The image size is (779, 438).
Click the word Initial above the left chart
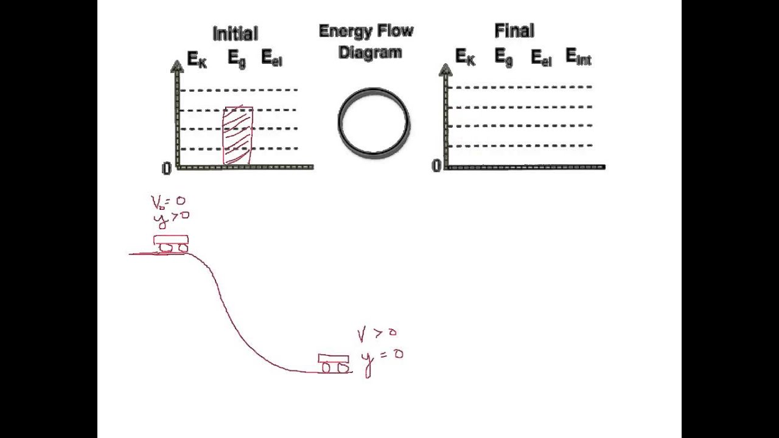pyautogui.click(x=235, y=33)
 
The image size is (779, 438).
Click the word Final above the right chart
pyautogui.click(x=514, y=30)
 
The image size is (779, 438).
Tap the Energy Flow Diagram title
pyautogui.click(x=366, y=41)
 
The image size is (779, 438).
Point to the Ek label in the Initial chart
pyautogui.click(x=197, y=59)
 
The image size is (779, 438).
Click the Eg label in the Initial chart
pyautogui.click(x=237, y=58)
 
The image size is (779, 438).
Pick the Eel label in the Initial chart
pyautogui.click(x=271, y=58)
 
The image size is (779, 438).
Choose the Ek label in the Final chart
pyautogui.click(x=465, y=57)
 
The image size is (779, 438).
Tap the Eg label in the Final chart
pyautogui.click(x=503, y=57)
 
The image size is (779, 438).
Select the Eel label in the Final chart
pyautogui.click(x=541, y=58)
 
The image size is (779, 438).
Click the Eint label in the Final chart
pyautogui.click(x=578, y=57)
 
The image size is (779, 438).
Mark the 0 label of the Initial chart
pyautogui.click(x=166, y=169)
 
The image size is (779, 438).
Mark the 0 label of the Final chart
pyautogui.click(x=436, y=166)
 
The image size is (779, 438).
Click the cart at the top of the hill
pyautogui.click(x=171, y=243)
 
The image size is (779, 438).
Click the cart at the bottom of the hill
pyautogui.click(x=334, y=363)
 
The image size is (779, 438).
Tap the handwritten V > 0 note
pyautogui.click(x=377, y=333)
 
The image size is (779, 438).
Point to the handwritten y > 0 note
pyautogui.click(x=170, y=217)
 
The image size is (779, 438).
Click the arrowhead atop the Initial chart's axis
pyautogui.click(x=177, y=66)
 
